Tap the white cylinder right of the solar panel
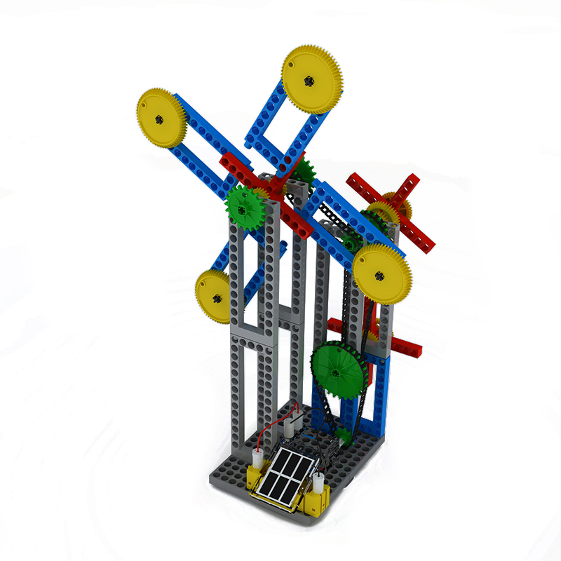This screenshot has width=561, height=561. [319, 484]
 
